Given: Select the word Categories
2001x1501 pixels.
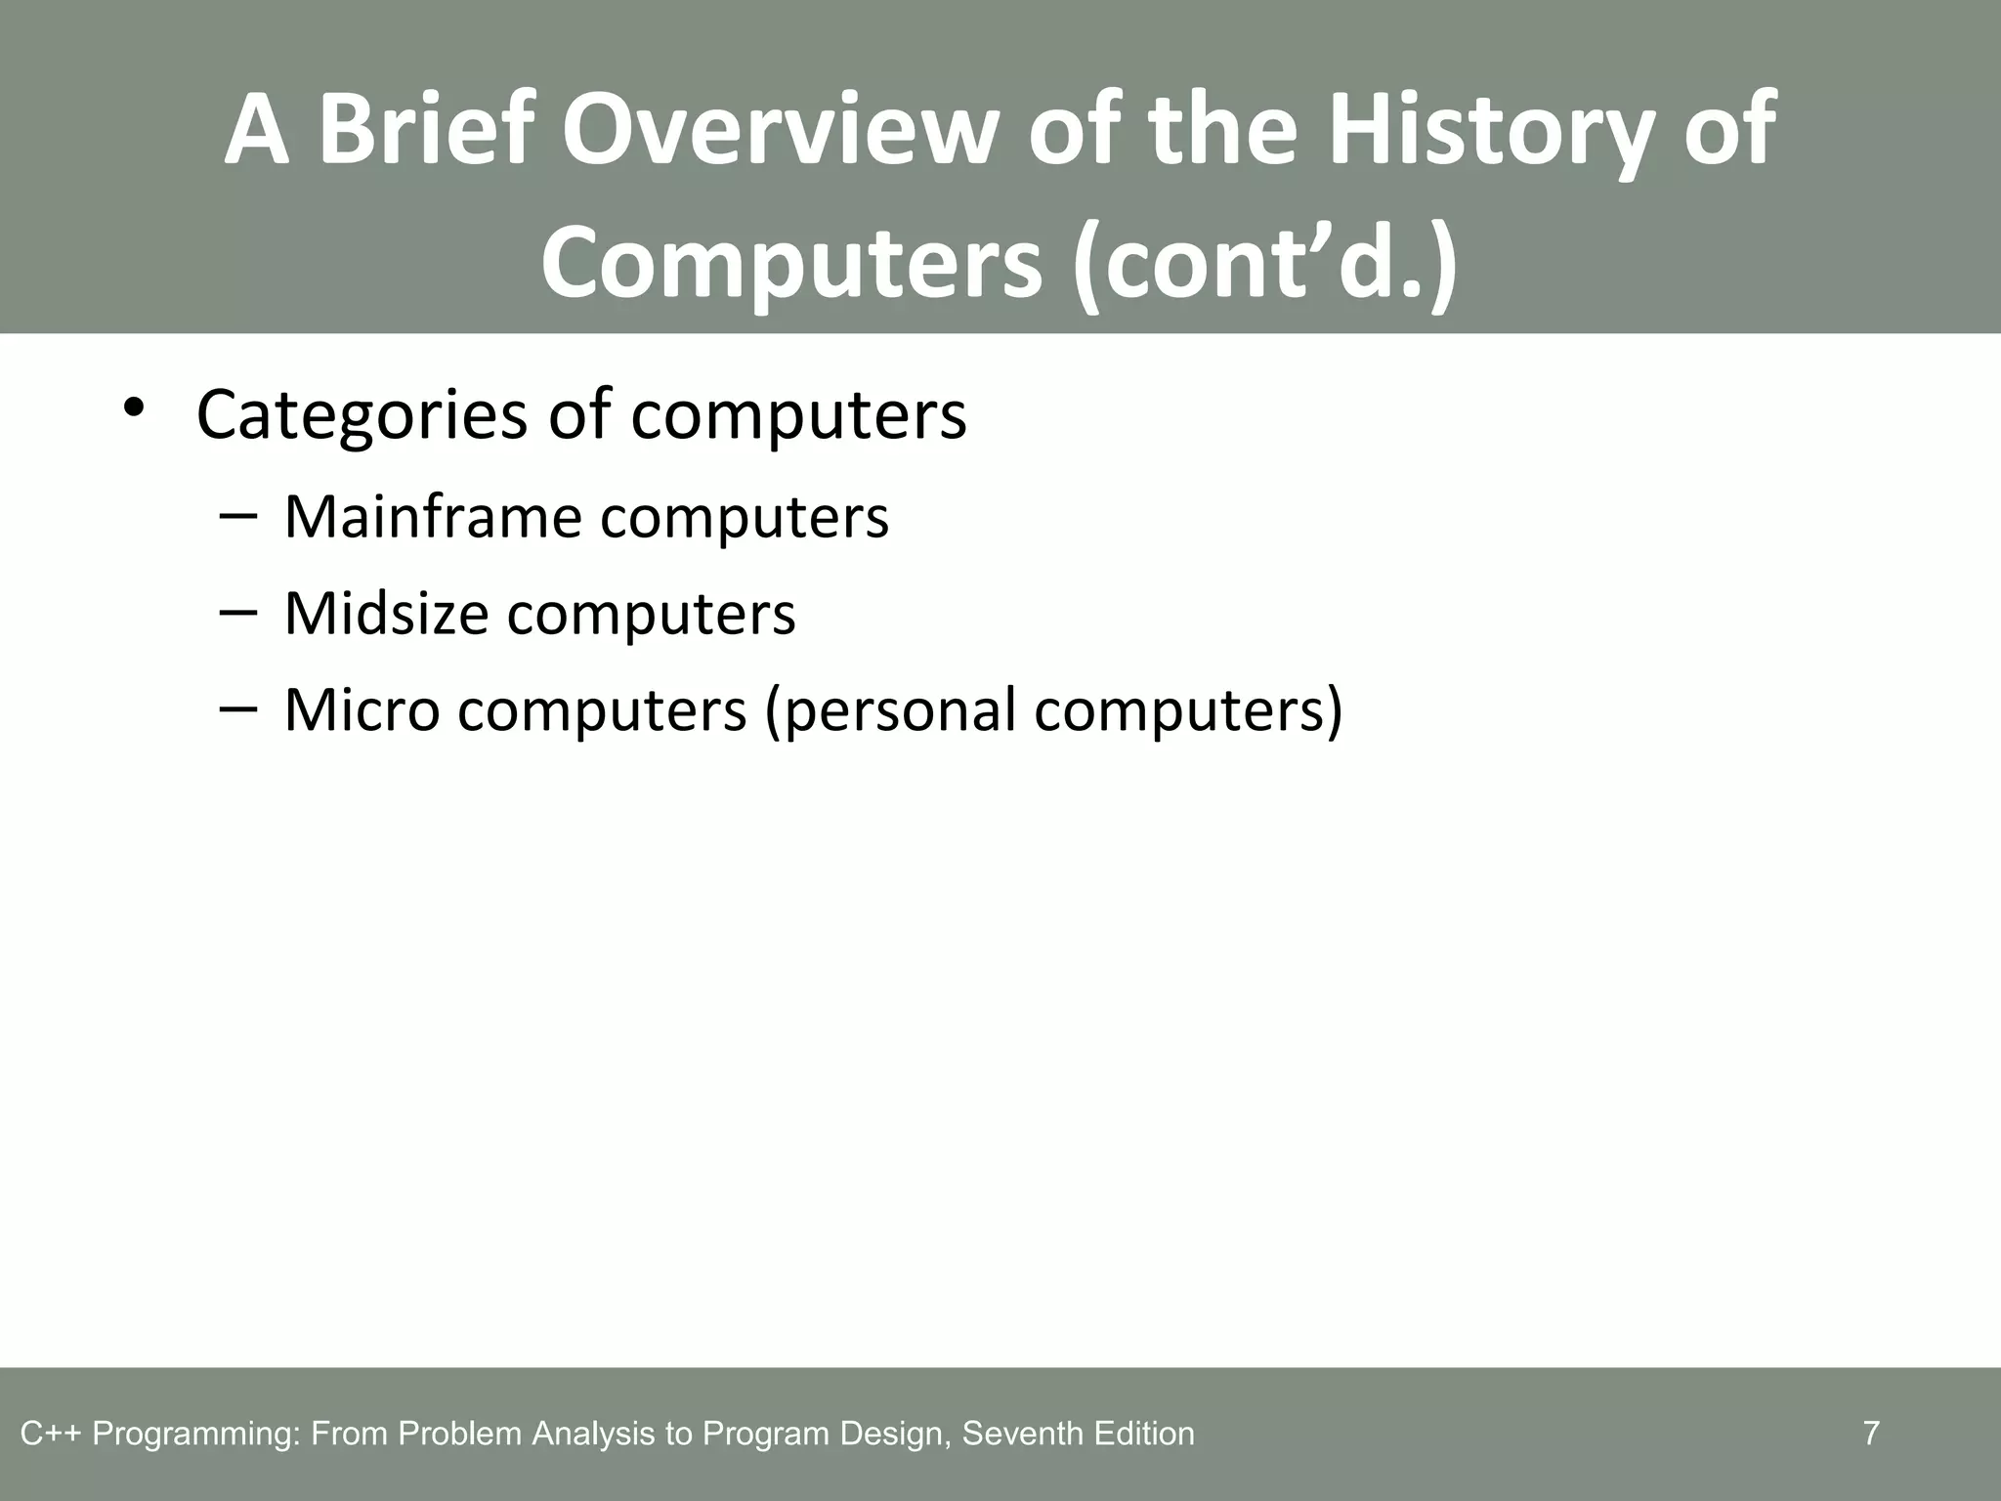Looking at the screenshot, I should tap(362, 415).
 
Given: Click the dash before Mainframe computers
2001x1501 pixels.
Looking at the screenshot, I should tap(238, 516).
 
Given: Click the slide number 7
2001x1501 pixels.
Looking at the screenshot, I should tap(1871, 1434).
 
